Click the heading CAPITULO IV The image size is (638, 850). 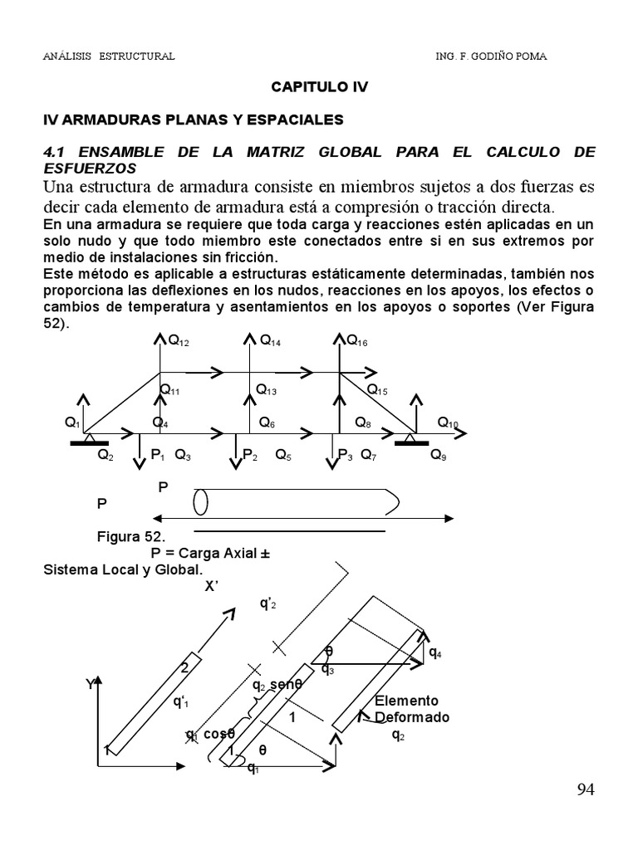click(x=320, y=86)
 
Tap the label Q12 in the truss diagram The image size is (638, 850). click(x=179, y=340)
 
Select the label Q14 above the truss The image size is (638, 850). click(x=270, y=340)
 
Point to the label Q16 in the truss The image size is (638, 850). click(x=357, y=340)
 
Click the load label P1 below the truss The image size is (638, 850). click(x=158, y=455)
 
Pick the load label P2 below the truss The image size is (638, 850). click(x=250, y=455)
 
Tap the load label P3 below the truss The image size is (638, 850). click(x=345, y=455)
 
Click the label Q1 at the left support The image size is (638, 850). click(x=72, y=423)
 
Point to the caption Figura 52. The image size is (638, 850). click(x=131, y=537)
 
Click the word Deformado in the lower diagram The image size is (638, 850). click(x=412, y=717)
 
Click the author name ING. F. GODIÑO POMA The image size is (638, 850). click(x=492, y=56)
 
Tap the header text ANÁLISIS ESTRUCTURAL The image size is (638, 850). click(x=109, y=56)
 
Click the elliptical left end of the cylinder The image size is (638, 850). click(x=200, y=503)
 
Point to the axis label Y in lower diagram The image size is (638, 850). click(x=90, y=685)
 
